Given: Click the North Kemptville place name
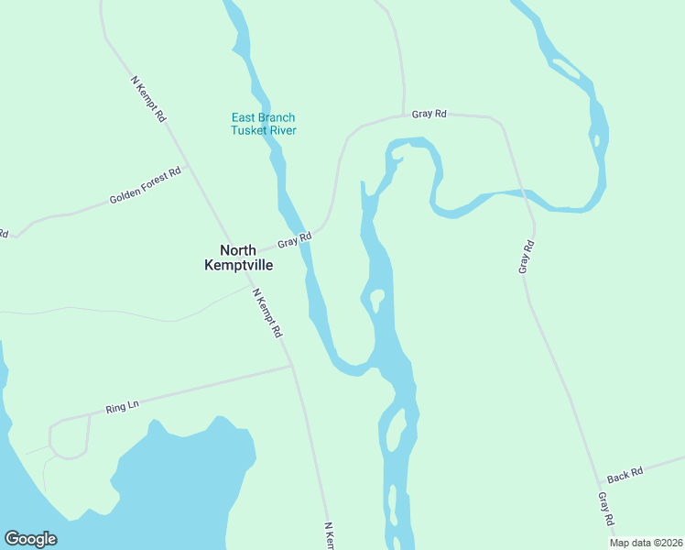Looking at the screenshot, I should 237,257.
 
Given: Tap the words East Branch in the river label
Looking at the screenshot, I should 263,117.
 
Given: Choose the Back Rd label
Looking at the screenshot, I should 625,474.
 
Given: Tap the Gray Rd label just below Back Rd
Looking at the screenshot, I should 606,509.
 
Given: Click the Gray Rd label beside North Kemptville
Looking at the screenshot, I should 295,240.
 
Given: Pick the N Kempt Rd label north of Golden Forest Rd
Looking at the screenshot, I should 149,99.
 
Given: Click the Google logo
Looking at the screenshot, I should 30,539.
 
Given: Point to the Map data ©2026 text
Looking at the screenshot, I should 647,543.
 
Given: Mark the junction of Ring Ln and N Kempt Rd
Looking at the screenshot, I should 292,367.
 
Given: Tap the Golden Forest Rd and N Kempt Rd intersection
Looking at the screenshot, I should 187,168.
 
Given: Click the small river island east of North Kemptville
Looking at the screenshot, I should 375,298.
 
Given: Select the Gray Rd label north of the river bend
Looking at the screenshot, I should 429,114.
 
